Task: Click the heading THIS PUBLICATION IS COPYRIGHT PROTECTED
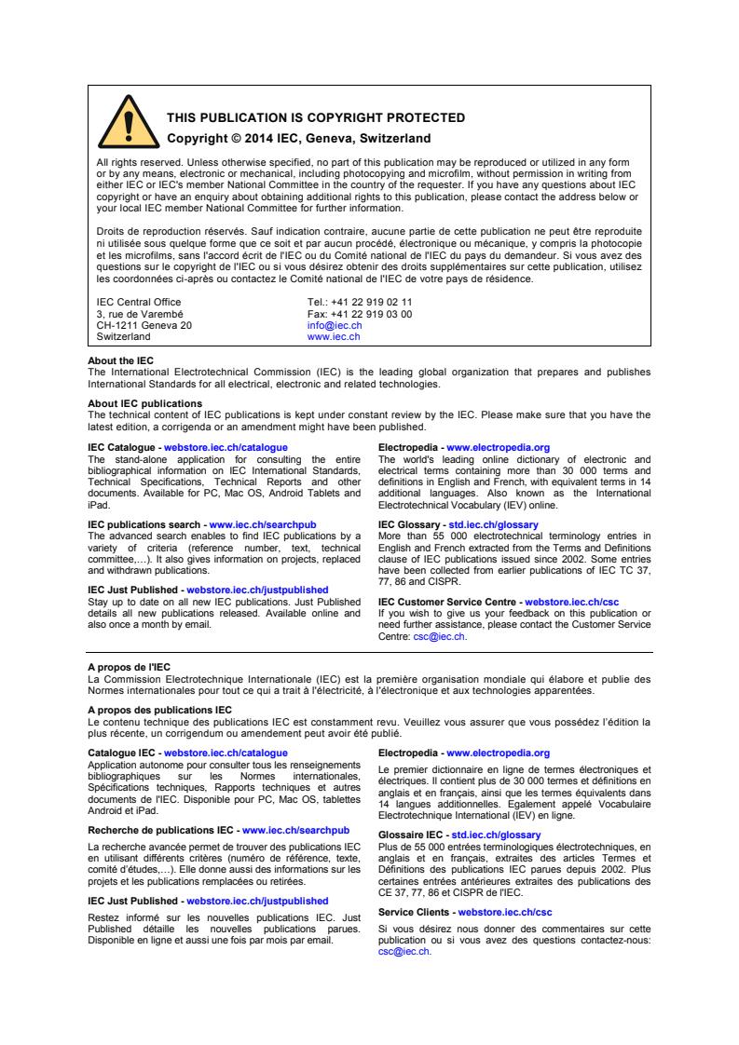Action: pyautogui.click(x=315, y=117)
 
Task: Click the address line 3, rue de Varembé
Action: pyautogui.click(x=140, y=315)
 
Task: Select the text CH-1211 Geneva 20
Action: pyautogui.click(x=144, y=326)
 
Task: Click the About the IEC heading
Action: pyautogui.click(x=121, y=360)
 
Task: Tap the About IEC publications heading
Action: pyautogui.click(x=144, y=403)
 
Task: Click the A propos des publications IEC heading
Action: pyautogui.click(x=159, y=710)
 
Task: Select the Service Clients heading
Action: pyautogui.click(x=416, y=912)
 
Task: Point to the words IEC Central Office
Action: pyautogui.click(x=139, y=303)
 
